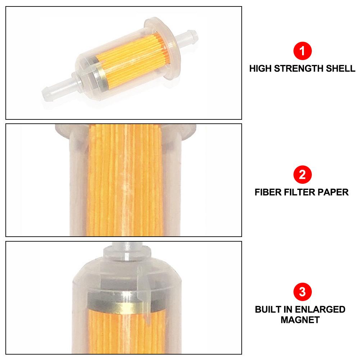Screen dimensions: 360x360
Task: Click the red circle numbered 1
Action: tap(302, 51)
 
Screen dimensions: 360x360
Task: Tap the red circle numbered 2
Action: tap(302, 175)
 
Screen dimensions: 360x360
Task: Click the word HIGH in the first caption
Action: tap(260, 68)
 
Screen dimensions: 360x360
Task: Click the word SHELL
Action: tap(340, 68)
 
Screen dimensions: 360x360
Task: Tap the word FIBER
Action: tap(268, 192)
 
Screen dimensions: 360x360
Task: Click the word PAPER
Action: tap(333, 192)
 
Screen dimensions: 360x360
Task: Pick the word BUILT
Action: tap(268, 310)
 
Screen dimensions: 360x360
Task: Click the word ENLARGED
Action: tap(320, 310)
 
